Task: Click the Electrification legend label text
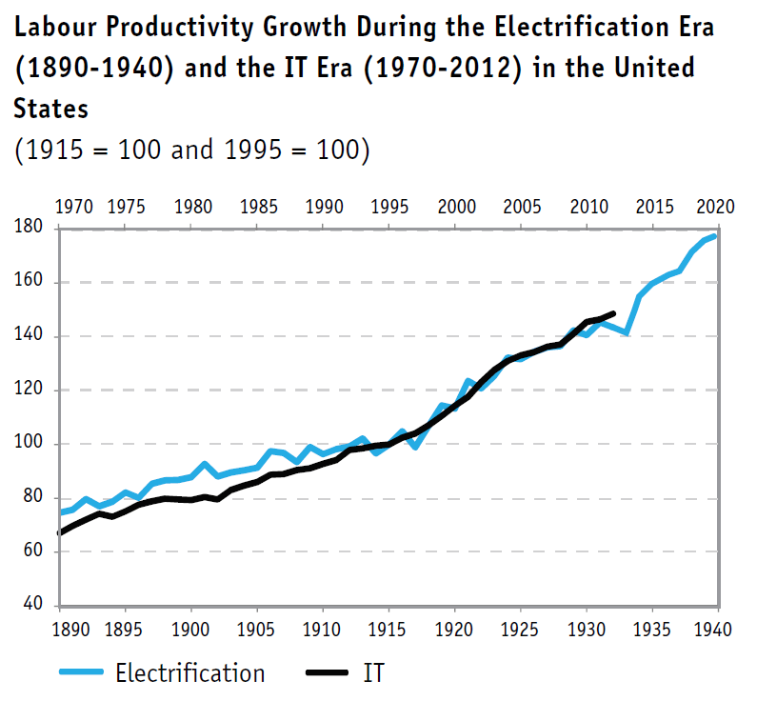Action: pyautogui.click(x=190, y=672)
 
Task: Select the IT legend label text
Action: pyautogui.click(x=374, y=672)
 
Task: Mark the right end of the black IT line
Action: pyautogui.click(x=613, y=313)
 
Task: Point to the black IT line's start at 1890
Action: pyautogui.click(x=60, y=532)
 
